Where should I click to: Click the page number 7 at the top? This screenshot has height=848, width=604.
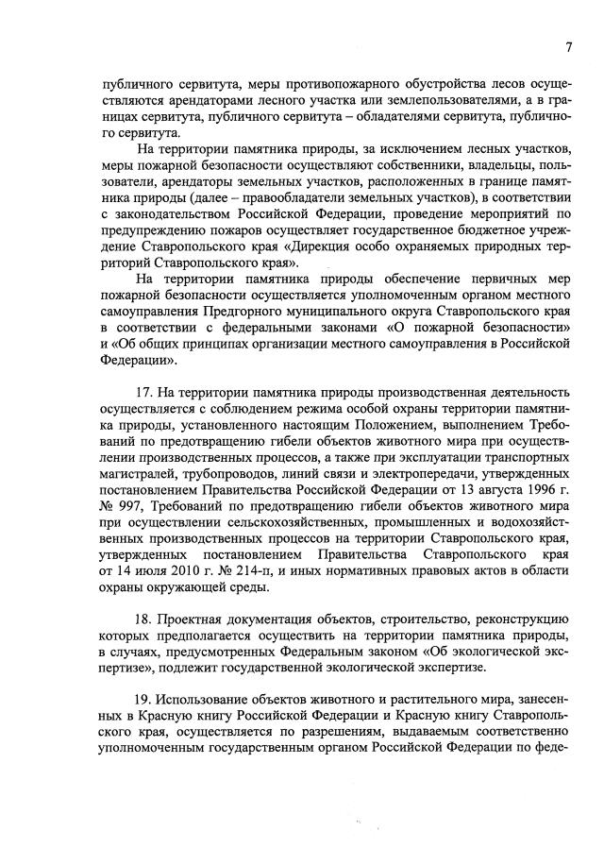pyautogui.click(x=569, y=46)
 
